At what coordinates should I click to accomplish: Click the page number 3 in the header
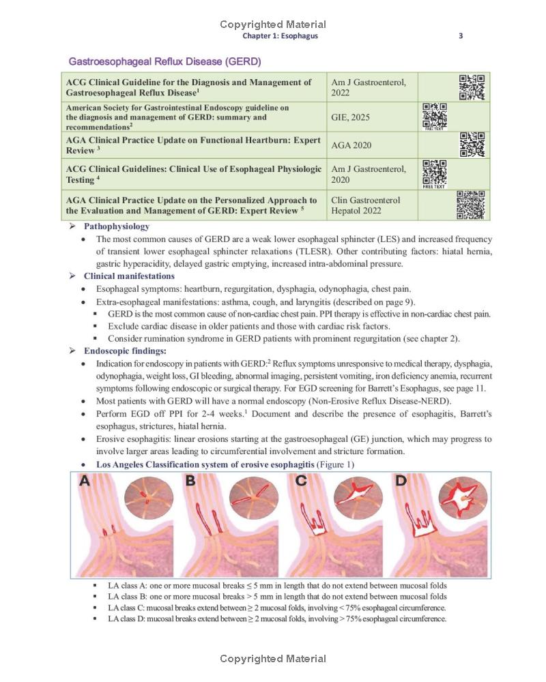461,36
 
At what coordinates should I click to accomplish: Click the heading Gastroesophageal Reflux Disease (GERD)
164,62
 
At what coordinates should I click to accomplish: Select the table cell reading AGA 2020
351,145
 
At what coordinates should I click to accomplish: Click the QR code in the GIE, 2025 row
434,115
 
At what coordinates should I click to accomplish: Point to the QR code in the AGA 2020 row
472,145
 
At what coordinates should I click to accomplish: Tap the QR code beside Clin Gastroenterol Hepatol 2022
470,205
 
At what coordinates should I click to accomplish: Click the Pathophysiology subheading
116,226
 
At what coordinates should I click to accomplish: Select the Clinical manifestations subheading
129,276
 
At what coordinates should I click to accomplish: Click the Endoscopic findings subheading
125,351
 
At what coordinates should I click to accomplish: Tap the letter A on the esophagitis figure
85,481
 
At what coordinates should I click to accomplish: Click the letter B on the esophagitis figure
190,481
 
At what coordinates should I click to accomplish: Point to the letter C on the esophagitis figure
301,481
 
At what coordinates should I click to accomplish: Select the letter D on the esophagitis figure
401,481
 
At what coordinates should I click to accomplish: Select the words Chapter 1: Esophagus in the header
280,36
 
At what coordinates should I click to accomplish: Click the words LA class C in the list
127,608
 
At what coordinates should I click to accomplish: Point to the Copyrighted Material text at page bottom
273,659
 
